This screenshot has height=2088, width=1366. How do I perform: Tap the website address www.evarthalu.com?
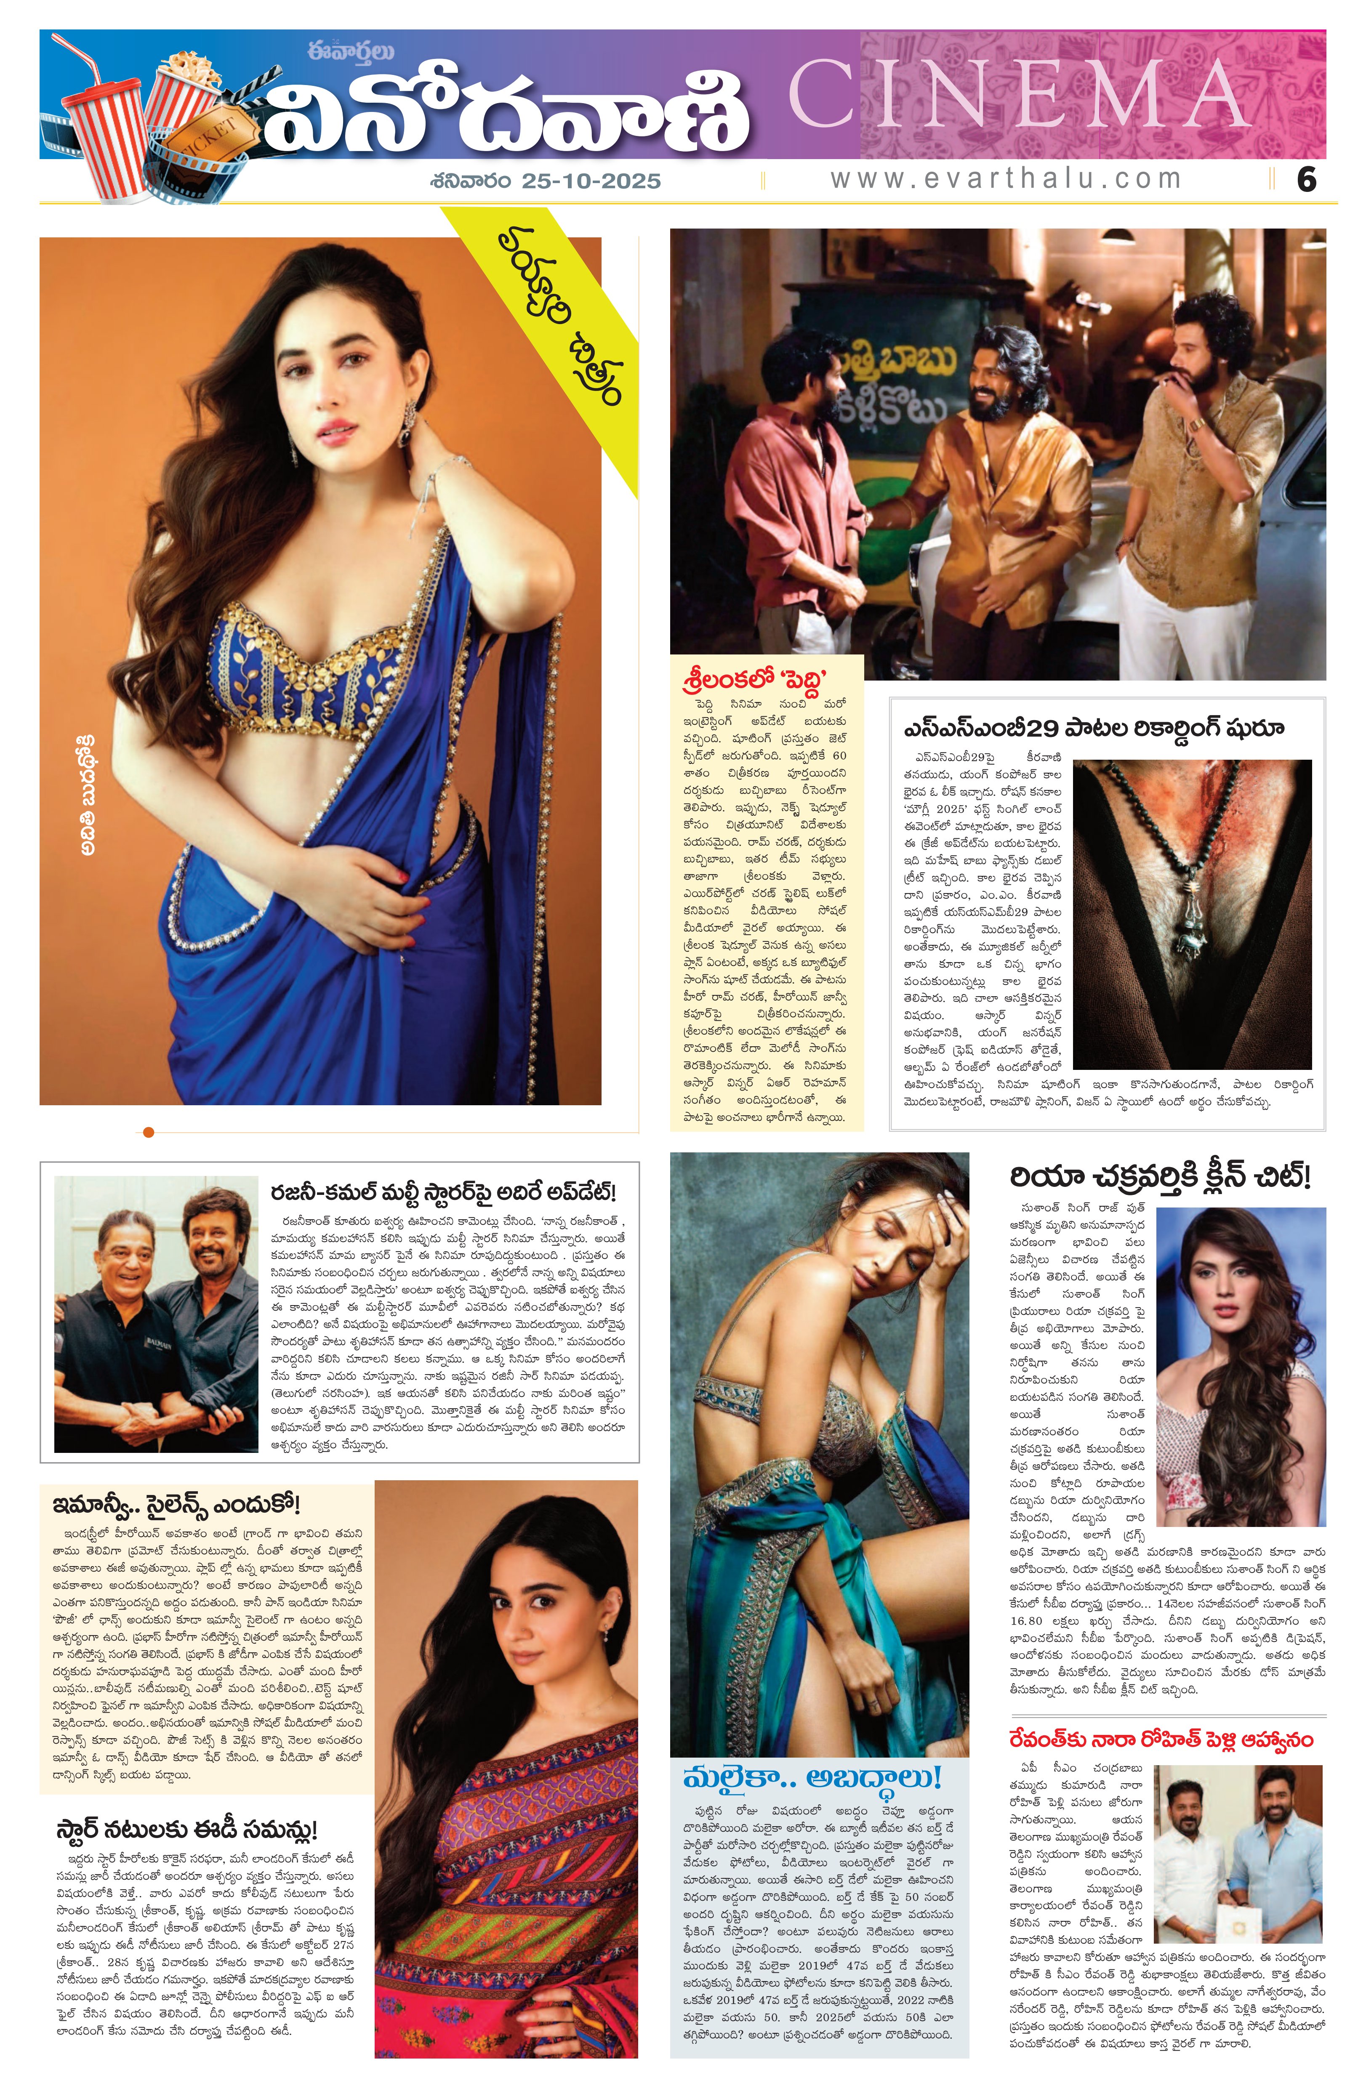click(x=1005, y=179)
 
